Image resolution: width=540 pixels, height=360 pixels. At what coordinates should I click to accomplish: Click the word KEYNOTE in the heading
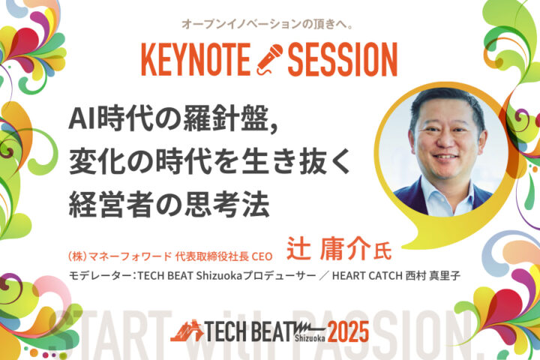196,59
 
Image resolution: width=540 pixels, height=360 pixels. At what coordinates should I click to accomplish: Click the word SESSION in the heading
342,59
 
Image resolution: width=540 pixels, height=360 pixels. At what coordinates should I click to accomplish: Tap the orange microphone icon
269,59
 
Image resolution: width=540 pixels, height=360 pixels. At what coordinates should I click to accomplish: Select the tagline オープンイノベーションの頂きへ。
267,25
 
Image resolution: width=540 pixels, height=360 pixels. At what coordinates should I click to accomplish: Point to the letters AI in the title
82,118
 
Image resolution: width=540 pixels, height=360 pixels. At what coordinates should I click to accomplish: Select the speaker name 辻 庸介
328,248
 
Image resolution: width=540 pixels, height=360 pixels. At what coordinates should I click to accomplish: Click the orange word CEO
262,256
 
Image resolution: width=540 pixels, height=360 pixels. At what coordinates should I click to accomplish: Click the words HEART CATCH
367,275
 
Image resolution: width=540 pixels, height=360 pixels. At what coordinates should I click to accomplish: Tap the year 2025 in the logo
348,331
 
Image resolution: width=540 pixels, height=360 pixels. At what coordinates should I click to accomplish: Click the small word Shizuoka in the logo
310,338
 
